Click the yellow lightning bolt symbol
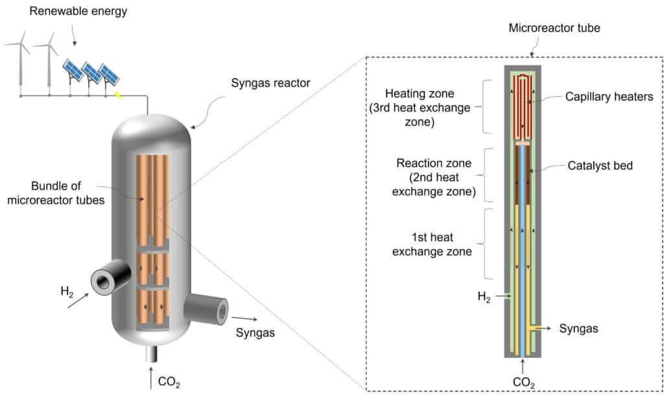117,96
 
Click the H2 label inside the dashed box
484,297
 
